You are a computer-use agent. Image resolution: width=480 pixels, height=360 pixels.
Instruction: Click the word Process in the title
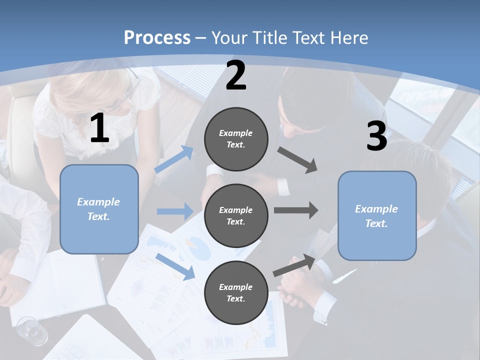click(157, 38)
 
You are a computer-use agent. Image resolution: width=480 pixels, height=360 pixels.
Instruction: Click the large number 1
click(99, 128)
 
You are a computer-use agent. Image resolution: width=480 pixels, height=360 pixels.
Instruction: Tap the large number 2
click(236, 76)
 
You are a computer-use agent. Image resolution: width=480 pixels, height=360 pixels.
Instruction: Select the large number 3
click(376, 136)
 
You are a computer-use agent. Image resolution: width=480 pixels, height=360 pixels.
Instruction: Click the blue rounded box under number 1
click(99, 209)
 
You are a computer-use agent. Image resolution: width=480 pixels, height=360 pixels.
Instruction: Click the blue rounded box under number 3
click(377, 215)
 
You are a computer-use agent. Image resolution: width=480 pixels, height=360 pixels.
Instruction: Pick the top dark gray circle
click(236, 139)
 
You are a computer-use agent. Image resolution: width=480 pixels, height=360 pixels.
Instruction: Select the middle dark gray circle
click(236, 215)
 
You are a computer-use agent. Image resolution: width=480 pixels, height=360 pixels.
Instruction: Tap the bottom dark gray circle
click(236, 292)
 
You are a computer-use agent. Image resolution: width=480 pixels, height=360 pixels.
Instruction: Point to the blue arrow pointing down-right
click(175, 266)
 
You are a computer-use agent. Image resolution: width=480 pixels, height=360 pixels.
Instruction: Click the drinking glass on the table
click(32, 330)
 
